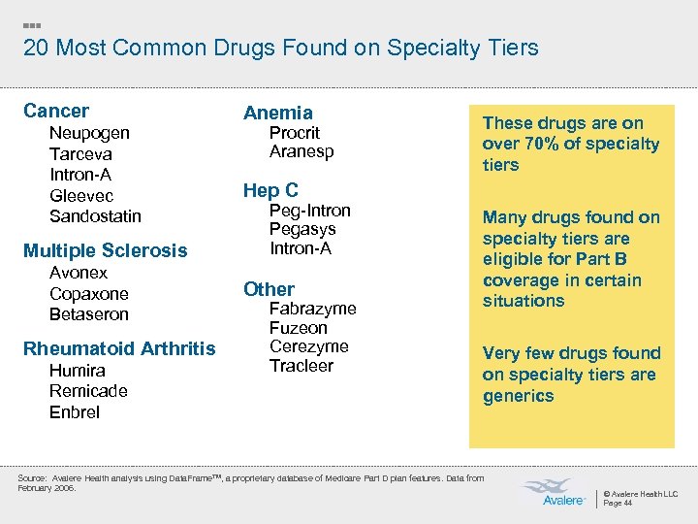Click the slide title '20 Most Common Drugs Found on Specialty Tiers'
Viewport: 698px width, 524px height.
pyautogui.click(x=280, y=48)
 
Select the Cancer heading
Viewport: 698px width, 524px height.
pyautogui.click(x=56, y=111)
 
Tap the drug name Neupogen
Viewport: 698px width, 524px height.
pyautogui.click(x=89, y=133)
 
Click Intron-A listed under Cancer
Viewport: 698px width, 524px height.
pyautogui.click(x=80, y=175)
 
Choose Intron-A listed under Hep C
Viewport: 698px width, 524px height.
pyautogui.click(x=301, y=248)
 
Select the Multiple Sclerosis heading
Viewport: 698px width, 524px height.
pyautogui.click(x=105, y=250)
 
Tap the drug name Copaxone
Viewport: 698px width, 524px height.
pyautogui.click(x=88, y=293)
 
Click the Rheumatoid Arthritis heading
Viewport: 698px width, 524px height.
pyautogui.click(x=119, y=348)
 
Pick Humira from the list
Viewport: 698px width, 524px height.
pyautogui.click(x=78, y=371)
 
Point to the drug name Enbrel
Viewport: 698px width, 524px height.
pyautogui.click(x=75, y=412)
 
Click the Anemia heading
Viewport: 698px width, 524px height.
pyautogui.click(x=278, y=113)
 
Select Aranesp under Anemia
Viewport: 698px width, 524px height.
pyautogui.click(x=301, y=152)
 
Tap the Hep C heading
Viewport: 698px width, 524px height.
pyautogui.click(x=270, y=190)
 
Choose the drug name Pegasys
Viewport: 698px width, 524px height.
pyautogui.click(x=302, y=229)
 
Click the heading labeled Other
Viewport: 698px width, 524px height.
pyautogui.click(x=269, y=289)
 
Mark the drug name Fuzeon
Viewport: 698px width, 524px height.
pyautogui.click(x=298, y=328)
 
